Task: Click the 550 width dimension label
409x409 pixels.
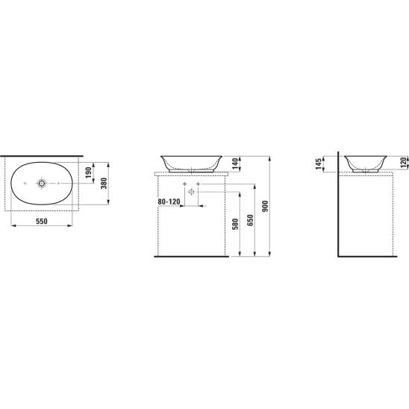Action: [x=42, y=222]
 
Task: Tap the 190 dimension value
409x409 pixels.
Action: [x=89, y=172]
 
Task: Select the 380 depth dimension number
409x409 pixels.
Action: [x=104, y=183]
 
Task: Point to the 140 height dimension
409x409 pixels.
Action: [x=235, y=163]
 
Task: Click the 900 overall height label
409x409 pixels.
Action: [x=265, y=206]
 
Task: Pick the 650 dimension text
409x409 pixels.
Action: [x=250, y=220]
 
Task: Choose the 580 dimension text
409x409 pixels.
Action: [x=235, y=225]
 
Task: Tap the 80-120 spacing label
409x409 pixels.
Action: [x=169, y=202]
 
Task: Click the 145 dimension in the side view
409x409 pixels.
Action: [x=319, y=163]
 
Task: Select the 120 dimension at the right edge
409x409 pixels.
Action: [x=404, y=163]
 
